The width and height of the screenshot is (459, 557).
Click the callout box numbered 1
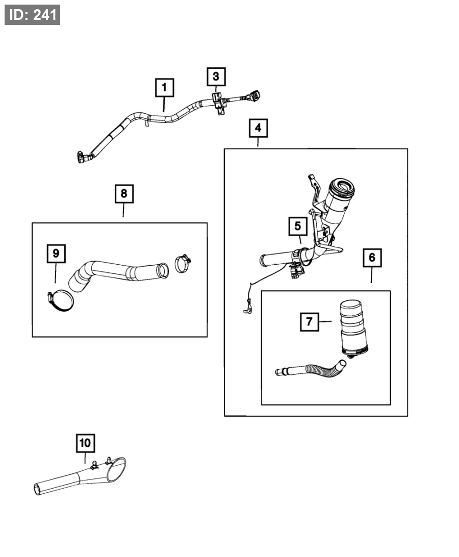(165, 88)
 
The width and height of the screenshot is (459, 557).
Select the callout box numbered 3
(216, 77)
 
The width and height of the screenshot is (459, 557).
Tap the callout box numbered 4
(258, 128)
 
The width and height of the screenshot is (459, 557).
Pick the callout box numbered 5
(297, 225)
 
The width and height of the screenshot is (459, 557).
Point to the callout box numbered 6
(372, 258)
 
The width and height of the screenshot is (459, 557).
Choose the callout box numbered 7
(310, 321)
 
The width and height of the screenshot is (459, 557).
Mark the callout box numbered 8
(124, 194)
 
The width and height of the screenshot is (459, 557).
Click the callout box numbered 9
(56, 254)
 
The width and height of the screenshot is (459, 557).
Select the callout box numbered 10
(85, 443)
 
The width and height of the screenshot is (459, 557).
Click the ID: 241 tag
(33, 15)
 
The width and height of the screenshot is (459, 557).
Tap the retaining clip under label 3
(218, 102)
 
